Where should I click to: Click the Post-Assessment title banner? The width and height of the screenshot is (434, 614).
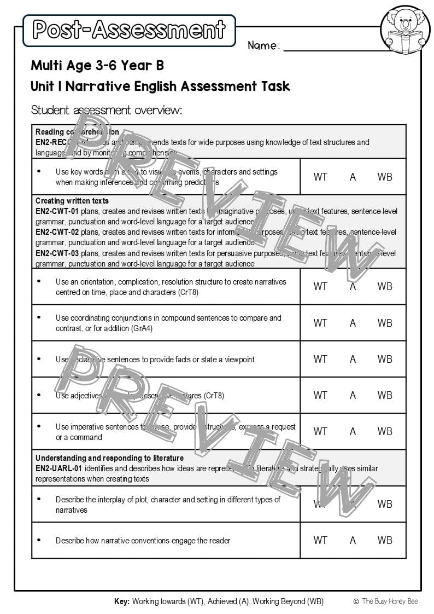tap(129, 30)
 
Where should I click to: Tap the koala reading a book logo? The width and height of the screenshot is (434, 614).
tap(405, 31)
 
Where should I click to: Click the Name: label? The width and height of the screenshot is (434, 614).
tap(263, 46)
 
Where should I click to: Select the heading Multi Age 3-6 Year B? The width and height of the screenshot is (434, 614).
tap(97, 66)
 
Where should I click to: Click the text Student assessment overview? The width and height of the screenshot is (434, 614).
tap(106, 110)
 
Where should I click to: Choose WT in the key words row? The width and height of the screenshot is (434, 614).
tap(320, 177)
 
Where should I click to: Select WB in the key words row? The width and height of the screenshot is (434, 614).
tap(385, 177)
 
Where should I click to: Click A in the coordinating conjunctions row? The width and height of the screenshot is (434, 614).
tap(353, 323)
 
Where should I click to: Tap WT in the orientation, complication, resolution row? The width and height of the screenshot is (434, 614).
tap(320, 286)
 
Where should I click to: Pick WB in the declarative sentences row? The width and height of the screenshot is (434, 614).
tap(385, 359)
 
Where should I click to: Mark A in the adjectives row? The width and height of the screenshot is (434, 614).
tap(353, 395)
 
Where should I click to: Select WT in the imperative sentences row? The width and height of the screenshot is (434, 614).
tap(320, 431)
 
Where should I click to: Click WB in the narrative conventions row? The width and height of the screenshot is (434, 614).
tap(385, 540)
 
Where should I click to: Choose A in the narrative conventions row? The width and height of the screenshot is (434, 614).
tap(353, 540)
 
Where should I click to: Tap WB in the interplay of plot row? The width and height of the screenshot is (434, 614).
tap(385, 504)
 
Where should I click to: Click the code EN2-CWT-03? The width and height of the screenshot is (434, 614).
tap(57, 253)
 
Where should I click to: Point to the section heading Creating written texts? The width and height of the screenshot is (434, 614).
tap(72, 201)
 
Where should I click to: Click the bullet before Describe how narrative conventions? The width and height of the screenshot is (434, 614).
tap(39, 540)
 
